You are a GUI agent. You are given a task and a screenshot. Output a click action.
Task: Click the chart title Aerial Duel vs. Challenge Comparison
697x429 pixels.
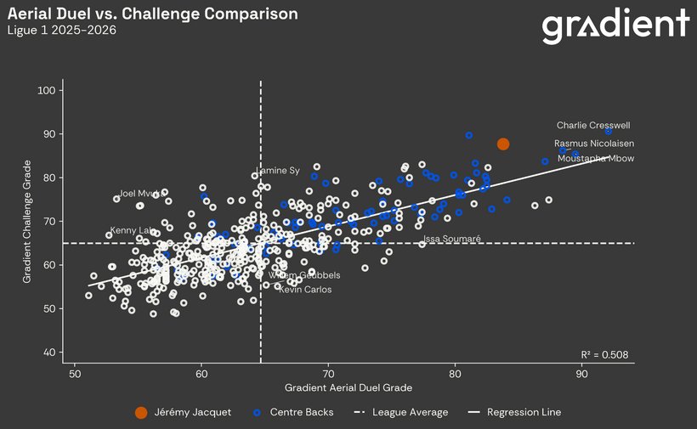[x=153, y=14]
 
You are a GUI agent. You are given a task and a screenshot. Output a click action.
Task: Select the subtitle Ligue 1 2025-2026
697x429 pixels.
[x=62, y=31]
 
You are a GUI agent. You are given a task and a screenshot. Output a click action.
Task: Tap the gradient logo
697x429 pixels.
[x=615, y=27]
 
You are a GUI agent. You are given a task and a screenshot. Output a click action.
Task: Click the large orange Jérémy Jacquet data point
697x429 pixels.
[x=503, y=144]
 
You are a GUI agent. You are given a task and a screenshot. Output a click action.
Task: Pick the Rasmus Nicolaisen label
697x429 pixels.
[x=594, y=144]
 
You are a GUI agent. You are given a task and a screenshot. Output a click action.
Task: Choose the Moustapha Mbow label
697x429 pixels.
[x=595, y=159]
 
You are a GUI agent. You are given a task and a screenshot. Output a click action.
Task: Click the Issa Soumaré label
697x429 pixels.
[x=451, y=240]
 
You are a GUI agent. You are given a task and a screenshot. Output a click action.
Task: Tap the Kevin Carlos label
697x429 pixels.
[x=305, y=290]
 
